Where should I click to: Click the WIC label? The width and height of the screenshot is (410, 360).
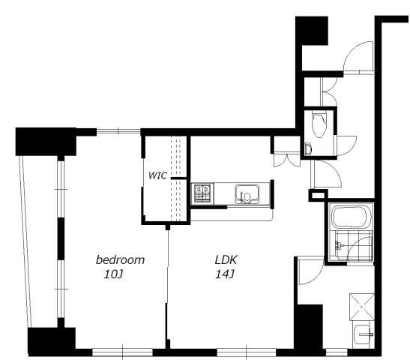[157, 175]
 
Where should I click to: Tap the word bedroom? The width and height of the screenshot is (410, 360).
[120, 259]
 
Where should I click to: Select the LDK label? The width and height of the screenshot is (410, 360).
[226, 259]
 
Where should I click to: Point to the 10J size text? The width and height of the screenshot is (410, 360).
[113, 274]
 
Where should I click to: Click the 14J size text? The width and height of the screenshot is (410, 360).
[224, 274]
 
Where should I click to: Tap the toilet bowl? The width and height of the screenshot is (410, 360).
[319, 124]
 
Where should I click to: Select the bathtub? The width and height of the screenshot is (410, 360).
[352, 216]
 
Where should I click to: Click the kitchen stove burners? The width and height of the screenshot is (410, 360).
[202, 193]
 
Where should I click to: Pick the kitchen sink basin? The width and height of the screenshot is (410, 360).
[247, 193]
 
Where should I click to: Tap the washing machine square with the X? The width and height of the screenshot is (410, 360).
[362, 307]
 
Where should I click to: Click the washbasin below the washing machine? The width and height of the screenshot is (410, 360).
[363, 336]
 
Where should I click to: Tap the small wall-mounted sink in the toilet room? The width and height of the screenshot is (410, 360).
[309, 149]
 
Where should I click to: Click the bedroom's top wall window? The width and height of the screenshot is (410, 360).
[118, 130]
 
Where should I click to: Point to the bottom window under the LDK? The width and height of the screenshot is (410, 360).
[247, 352]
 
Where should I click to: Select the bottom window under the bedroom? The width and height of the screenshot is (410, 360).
[122, 352]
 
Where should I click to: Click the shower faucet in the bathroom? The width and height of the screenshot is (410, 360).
[340, 246]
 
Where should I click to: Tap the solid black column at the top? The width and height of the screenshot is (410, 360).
[312, 31]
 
